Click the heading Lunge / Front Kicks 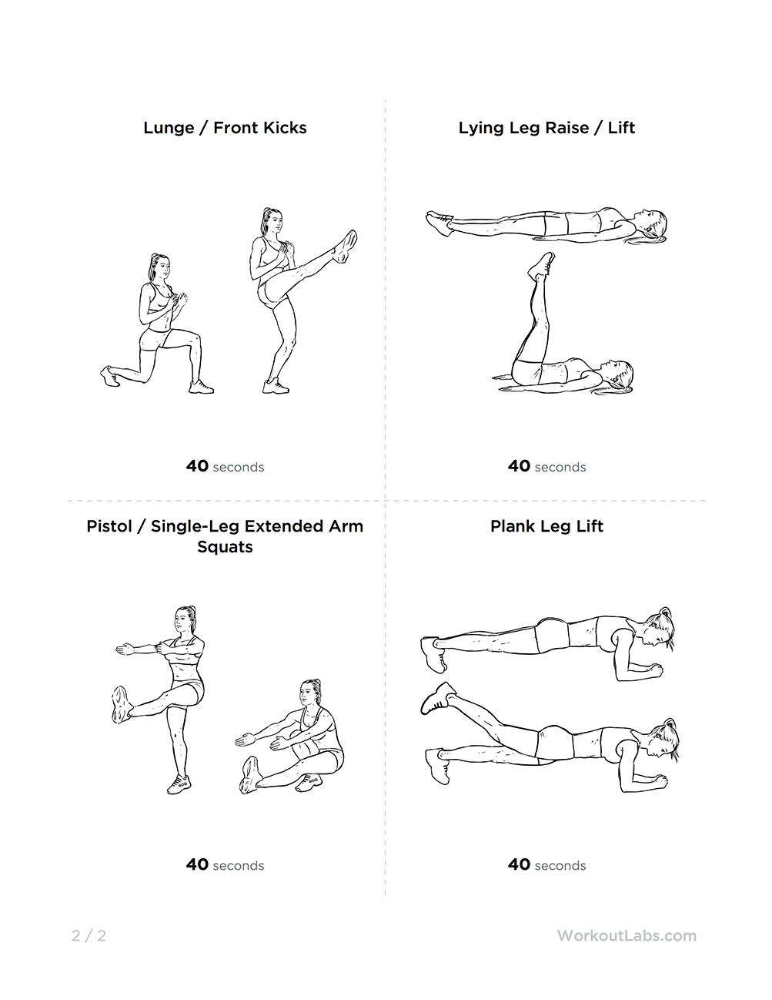(225, 128)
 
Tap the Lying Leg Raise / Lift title (546, 128)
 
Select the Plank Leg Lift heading (546, 527)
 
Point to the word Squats (225, 547)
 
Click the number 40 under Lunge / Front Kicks (197, 466)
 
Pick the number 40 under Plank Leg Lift (520, 864)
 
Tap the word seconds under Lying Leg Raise (560, 467)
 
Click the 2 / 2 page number (89, 936)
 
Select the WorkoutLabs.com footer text (627, 936)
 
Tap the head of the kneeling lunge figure (159, 267)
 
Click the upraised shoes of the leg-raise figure (540, 264)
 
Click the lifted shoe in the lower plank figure (439, 697)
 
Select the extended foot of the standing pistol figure (120, 703)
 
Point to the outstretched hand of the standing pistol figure (123, 649)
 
